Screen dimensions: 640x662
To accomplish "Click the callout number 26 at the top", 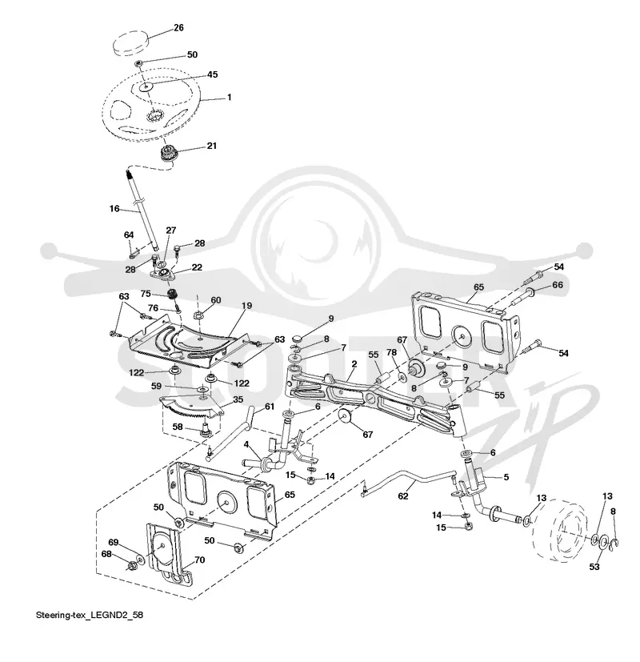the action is tap(178, 27).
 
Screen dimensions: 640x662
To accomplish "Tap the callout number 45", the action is tap(212, 74).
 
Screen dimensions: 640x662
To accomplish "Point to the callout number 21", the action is tap(211, 146).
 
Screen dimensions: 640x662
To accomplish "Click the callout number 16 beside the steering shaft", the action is tap(114, 209).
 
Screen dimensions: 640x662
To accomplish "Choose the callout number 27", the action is tap(170, 231).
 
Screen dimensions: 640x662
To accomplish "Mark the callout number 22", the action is tap(197, 267).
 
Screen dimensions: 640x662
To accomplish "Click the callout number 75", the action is tap(146, 294).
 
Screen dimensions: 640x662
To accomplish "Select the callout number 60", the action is tap(215, 300).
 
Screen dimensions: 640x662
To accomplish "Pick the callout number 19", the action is tap(246, 305).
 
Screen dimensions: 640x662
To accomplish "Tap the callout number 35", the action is tap(238, 399).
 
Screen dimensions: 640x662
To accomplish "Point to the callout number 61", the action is tap(269, 407).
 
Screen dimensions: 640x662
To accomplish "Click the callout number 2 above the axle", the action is tap(354, 364).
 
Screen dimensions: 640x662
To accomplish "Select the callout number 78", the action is tap(391, 353).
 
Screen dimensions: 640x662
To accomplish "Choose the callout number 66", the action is tap(558, 285).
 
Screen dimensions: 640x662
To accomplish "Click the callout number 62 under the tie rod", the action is tap(403, 495).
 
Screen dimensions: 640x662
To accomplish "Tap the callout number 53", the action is tap(594, 567).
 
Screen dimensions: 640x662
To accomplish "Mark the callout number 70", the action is tap(199, 560).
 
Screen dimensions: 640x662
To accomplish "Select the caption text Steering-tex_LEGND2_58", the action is tap(90, 615).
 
